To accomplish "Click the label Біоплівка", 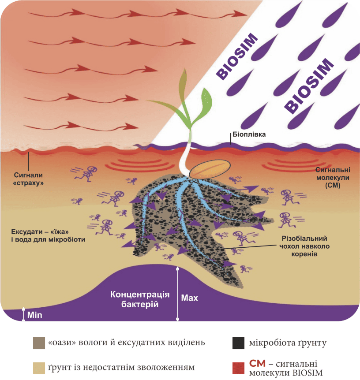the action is coord(249,134).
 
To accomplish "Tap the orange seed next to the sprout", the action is coord(210,169).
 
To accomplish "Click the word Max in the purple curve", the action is coord(189,298).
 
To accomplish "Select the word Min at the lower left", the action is coord(35,315).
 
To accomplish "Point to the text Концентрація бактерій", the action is coord(140,299).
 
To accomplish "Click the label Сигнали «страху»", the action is coord(28,179).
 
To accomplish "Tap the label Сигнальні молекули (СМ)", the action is coord(333,178).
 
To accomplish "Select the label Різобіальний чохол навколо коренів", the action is coord(304,246).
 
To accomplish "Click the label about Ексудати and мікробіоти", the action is coord(48,235).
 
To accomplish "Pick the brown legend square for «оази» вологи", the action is coord(39,343).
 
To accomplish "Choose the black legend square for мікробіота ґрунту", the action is coord(238,343).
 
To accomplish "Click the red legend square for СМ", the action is coord(238,368).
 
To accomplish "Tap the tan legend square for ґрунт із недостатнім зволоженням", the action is coord(39,368).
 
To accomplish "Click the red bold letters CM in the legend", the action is coord(257,364).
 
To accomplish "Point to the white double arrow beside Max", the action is coord(178,294).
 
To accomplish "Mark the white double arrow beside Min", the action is coord(23,314).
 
